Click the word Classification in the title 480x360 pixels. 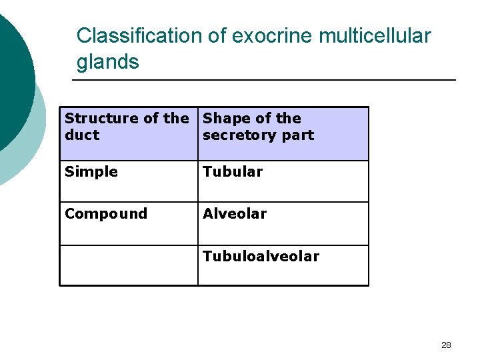pos(141,36)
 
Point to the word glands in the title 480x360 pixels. pos(108,62)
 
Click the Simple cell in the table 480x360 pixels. pos(91,172)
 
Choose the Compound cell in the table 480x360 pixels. pos(106,214)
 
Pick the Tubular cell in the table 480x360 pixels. pos(233,172)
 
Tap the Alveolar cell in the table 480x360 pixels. pos(235,214)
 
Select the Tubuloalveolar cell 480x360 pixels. pos(261,257)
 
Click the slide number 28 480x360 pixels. pos(446,345)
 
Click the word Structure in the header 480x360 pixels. pos(97,119)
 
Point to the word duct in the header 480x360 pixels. pos(82,135)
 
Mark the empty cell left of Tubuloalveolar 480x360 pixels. pos(129,265)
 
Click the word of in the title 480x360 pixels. pos(217,36)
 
